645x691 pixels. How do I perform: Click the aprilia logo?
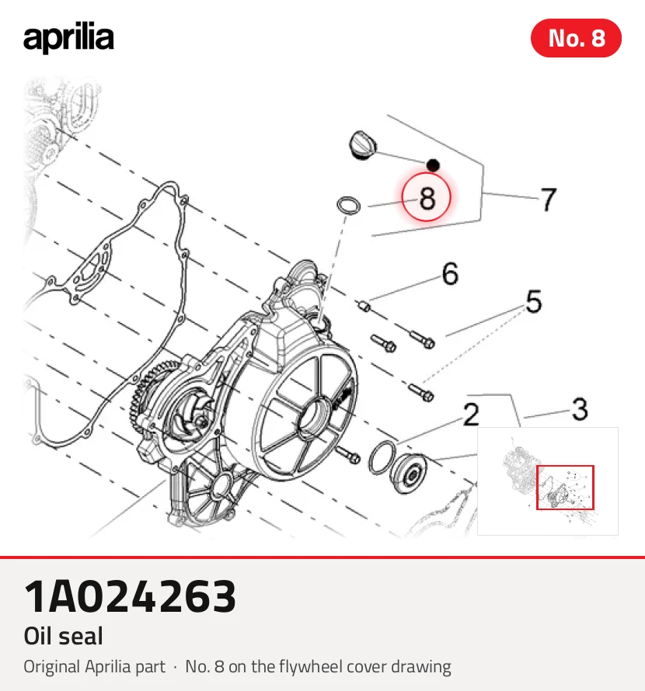68,38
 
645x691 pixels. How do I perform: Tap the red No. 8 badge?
576,38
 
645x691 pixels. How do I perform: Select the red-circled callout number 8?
426,197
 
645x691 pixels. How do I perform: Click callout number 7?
549,200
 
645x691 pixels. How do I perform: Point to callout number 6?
450,273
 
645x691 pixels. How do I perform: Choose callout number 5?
534,301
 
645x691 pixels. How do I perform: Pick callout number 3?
580,409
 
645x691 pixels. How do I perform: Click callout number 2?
471,415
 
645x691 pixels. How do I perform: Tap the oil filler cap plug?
363,145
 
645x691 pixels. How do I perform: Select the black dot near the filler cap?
433,165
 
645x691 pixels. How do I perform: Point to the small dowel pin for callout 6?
364,305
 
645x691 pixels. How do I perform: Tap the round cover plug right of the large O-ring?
409,474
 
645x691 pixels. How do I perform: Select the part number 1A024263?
130,596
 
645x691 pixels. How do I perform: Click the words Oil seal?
63,636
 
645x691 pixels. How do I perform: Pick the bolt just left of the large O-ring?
348,455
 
